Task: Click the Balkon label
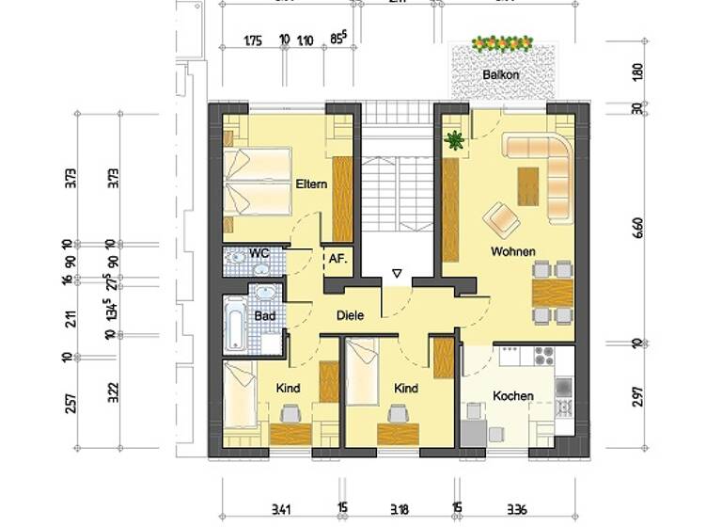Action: tap(500, 73)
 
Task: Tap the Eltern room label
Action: tap(310, 184)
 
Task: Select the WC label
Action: tap(259, 254)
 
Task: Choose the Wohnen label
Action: tap(512, 251)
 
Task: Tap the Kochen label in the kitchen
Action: tap(513, 396)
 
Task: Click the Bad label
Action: tap(265, 316)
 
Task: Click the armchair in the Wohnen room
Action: tap(502, 220)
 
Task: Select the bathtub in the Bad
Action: tap(234, 325)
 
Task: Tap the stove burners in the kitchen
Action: tap(544, 357)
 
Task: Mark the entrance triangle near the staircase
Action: tap(397, 275)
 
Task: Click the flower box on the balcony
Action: tap(501, 43)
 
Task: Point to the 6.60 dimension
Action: tap(637, 229)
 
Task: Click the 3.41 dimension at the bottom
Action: tap(280, 510)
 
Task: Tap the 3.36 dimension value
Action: tap(518, 510)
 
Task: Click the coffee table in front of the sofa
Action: tap(529, 184)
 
